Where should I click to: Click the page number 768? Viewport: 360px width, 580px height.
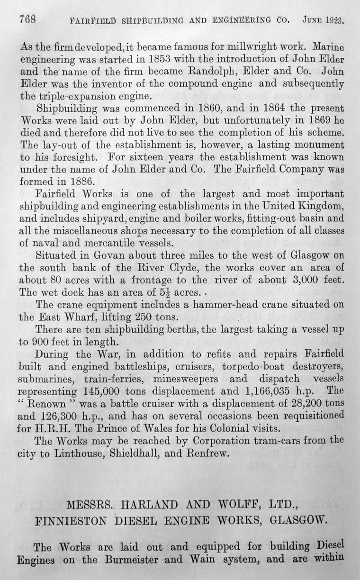(x=28, y=20)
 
